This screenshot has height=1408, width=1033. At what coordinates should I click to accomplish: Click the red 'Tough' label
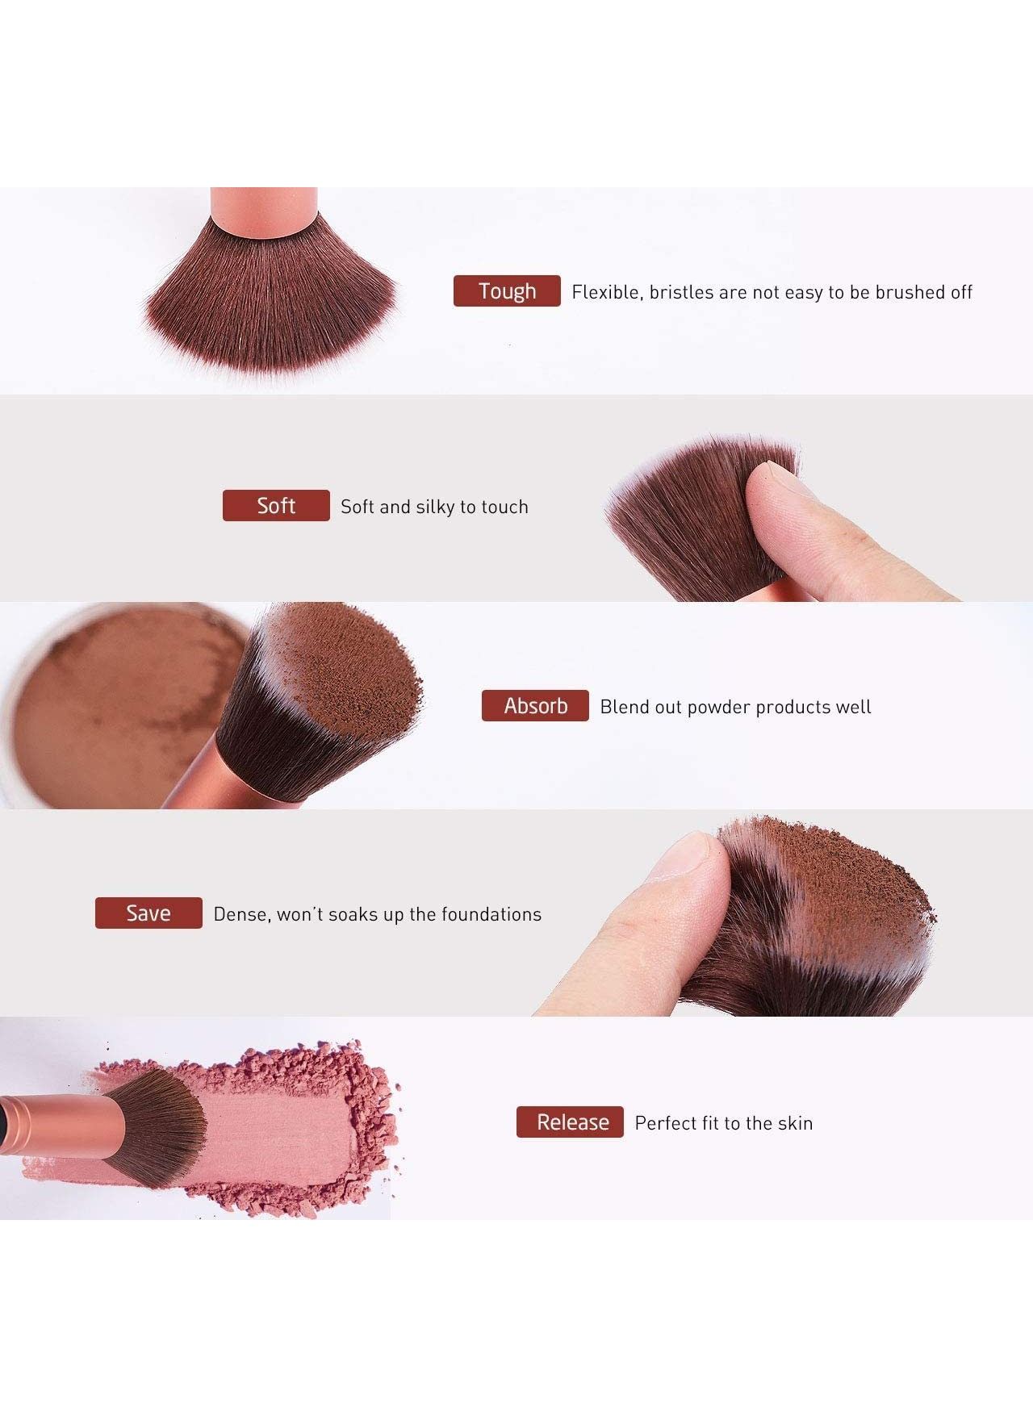click(x=507, y=290)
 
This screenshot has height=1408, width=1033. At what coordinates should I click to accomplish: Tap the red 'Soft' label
click(x=276, y=505)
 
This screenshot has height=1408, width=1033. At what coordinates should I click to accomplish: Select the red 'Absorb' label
click(x=535, y=706)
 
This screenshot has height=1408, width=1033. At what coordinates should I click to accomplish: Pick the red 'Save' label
click(x=148, y=913)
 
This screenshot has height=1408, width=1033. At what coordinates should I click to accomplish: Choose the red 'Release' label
click(x=570, y=1122)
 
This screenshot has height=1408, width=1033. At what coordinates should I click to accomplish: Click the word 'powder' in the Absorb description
click(x=718, y=708)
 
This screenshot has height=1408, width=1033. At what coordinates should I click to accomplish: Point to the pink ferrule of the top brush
click(x=264, y=211)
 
